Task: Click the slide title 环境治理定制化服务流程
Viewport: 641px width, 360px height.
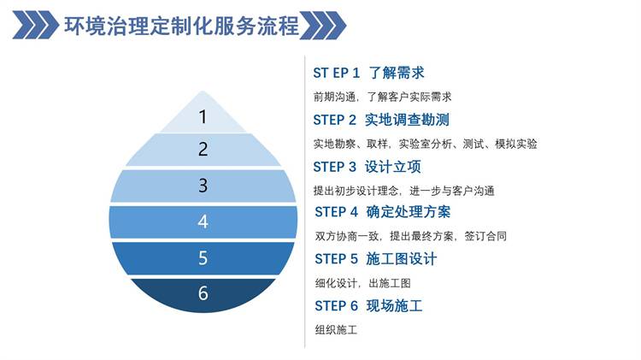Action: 181,26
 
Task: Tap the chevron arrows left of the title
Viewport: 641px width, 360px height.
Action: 36,25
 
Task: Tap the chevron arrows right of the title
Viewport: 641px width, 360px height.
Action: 323,26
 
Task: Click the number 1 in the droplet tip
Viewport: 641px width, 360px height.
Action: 203,117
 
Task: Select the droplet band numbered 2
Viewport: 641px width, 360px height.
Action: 203,150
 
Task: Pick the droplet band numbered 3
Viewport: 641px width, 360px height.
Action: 203,186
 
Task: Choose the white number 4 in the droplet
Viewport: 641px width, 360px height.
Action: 203,221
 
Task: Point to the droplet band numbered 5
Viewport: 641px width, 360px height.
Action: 203,258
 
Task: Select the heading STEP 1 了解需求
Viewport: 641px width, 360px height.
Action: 368,73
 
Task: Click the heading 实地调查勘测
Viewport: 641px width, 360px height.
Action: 407,120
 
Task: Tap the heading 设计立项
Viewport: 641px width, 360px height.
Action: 392,167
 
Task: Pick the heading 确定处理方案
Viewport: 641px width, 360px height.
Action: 409,212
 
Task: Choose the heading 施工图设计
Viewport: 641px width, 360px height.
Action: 402,259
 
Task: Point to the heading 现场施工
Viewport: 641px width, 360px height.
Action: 394,306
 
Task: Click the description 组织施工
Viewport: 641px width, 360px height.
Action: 336,330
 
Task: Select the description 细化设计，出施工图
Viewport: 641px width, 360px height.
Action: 362,283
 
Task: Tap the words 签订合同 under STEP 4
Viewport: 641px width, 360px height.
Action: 485,236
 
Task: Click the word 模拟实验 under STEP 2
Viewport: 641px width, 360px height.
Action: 516,144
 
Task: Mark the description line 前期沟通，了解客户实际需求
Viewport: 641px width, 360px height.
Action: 382,97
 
